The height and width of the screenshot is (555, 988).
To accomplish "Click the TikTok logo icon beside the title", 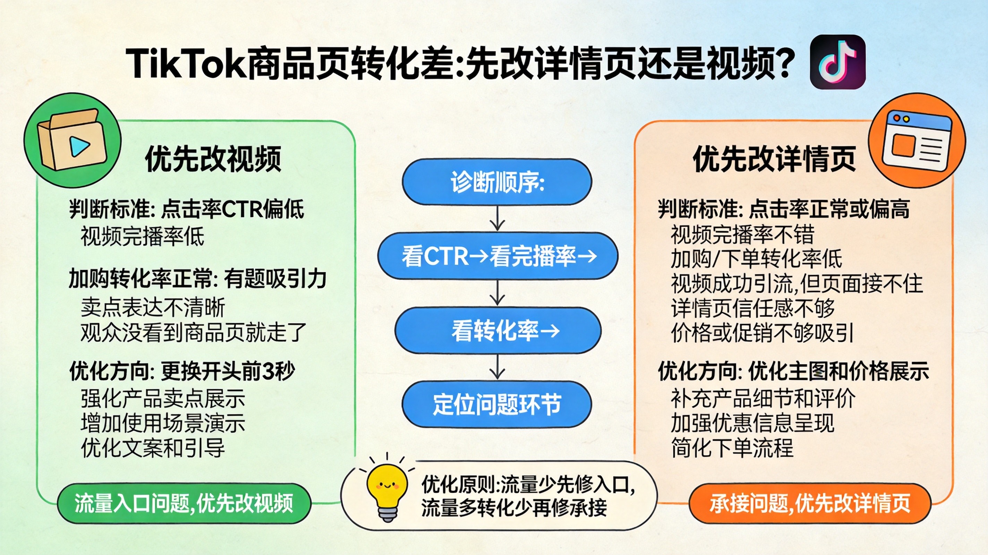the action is tap(837, 62).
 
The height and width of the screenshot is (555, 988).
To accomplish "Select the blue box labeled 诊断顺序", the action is tap(497, 181).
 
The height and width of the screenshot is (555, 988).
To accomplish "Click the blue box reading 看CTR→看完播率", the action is tap(497, 256).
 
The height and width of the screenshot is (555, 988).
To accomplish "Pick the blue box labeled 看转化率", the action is tap(498, 330).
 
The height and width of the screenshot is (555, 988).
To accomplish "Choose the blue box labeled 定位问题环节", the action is tap(497, 404).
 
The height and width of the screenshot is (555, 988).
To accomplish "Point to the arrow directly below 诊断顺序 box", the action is tap(497, 218).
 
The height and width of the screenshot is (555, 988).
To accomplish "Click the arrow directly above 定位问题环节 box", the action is tap(497, 367).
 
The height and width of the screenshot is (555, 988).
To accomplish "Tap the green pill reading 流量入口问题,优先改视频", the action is tap(184, 504).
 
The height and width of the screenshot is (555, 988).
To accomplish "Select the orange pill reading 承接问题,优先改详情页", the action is tap(810, 504).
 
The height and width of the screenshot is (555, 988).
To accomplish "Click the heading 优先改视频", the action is tap(213, 159).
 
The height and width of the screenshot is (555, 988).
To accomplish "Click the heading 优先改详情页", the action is tap(774, 159).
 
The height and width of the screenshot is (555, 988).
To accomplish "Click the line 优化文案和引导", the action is tap(153, 447).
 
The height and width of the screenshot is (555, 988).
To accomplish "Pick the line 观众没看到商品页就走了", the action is tap(193, 333).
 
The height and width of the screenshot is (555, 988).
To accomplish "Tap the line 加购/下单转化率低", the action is tap(756, 259).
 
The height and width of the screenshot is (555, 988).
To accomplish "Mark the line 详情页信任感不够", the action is tap(753, 308).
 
